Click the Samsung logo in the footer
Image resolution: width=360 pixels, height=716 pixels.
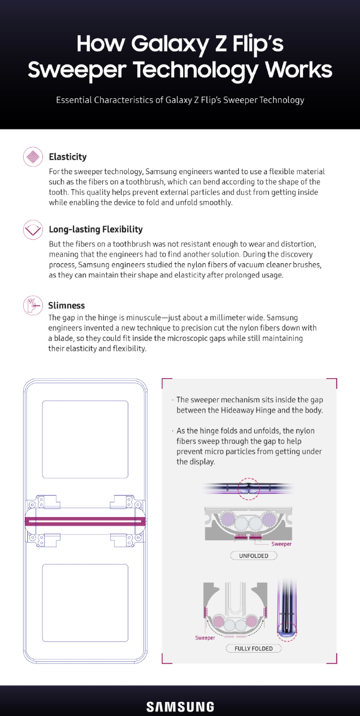(x=180, y=707)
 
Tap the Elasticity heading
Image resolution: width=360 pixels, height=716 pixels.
(x=68, y=157)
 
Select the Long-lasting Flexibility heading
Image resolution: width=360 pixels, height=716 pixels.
(x=96, y=229)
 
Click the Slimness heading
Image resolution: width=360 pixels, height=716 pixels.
(x=67, y=305)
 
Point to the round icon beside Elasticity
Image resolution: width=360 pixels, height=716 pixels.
(x=33, y=157)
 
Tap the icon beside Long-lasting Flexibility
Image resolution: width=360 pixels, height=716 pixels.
(x=33, y=229)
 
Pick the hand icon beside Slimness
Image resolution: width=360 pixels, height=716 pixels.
(x=33, y=305)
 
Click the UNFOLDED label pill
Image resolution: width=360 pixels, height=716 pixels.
(x=254, y=556)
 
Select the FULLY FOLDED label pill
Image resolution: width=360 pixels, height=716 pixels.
(x=254, y=648)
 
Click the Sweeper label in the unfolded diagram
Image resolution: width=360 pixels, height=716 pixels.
(x=281, y=544)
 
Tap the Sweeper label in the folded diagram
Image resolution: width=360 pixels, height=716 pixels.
(x=205, y=637)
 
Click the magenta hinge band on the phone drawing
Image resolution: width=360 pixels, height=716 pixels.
(x=85, y=522)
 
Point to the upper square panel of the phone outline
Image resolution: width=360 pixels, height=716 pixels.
(x=85, y=439)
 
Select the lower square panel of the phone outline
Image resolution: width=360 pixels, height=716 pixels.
(x=85, y=603)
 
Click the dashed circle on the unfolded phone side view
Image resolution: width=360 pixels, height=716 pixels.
(x=249, y=489)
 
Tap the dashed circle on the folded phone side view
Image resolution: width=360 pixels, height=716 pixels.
(x=287, y=631)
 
